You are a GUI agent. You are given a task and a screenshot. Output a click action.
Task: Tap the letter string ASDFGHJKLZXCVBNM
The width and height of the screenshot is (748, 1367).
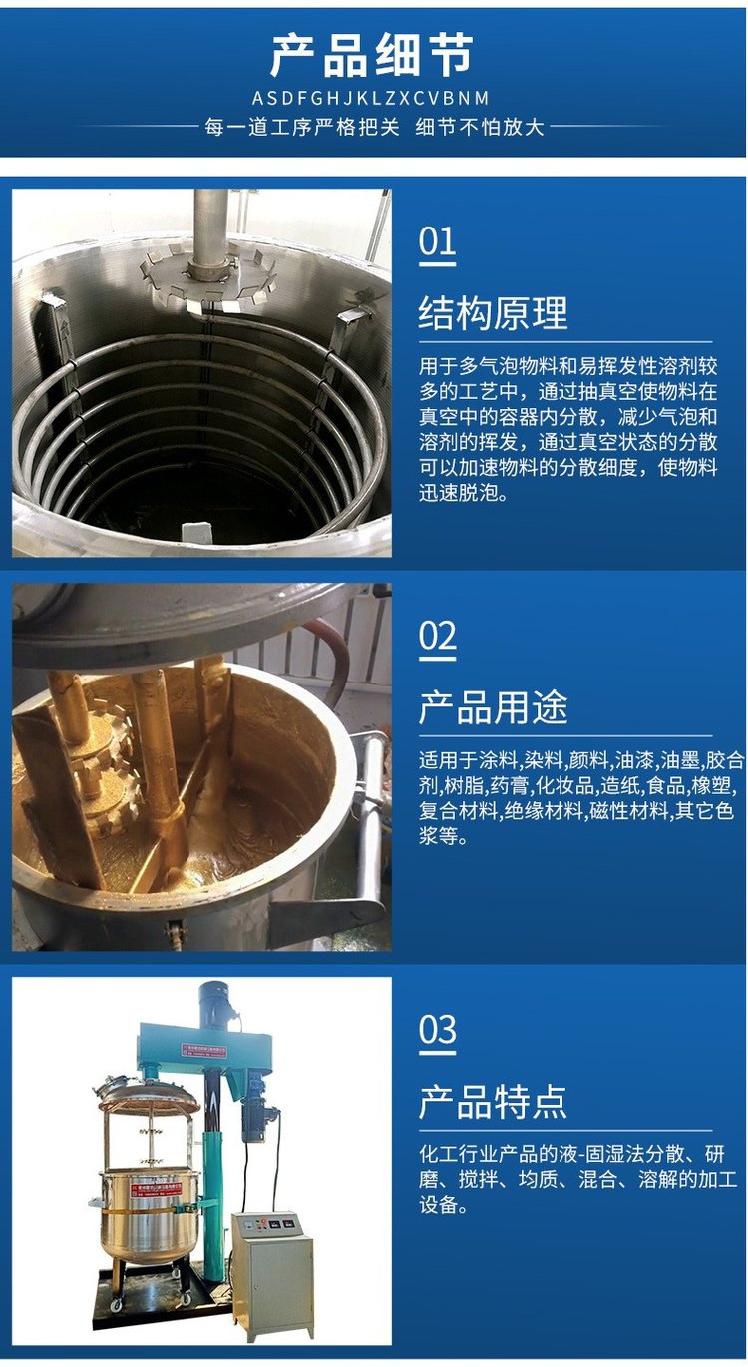(370, 98)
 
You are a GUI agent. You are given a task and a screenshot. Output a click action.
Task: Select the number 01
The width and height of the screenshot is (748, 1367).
(437, 241)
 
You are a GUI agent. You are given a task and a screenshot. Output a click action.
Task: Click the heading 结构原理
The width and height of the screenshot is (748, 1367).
(493, 313)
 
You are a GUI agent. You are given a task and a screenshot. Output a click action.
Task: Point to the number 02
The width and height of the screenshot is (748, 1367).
(437, 636)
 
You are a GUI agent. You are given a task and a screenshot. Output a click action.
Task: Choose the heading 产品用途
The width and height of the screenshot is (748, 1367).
(493, 707)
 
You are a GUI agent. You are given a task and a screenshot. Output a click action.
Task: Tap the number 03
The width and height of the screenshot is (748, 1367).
(437, 1030)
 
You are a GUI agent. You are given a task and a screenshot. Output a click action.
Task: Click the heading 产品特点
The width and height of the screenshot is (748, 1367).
(493, 1102)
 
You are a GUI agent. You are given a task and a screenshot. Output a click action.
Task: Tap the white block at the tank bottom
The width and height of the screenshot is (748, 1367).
(196, 531)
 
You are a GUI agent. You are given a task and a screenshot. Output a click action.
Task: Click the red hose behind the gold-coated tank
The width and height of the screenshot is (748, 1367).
(332, 656)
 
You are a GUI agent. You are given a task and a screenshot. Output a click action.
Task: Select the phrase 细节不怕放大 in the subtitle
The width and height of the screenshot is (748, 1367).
(480, 127)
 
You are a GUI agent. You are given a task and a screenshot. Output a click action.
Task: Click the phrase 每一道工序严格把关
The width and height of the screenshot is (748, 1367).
(302, 127)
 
